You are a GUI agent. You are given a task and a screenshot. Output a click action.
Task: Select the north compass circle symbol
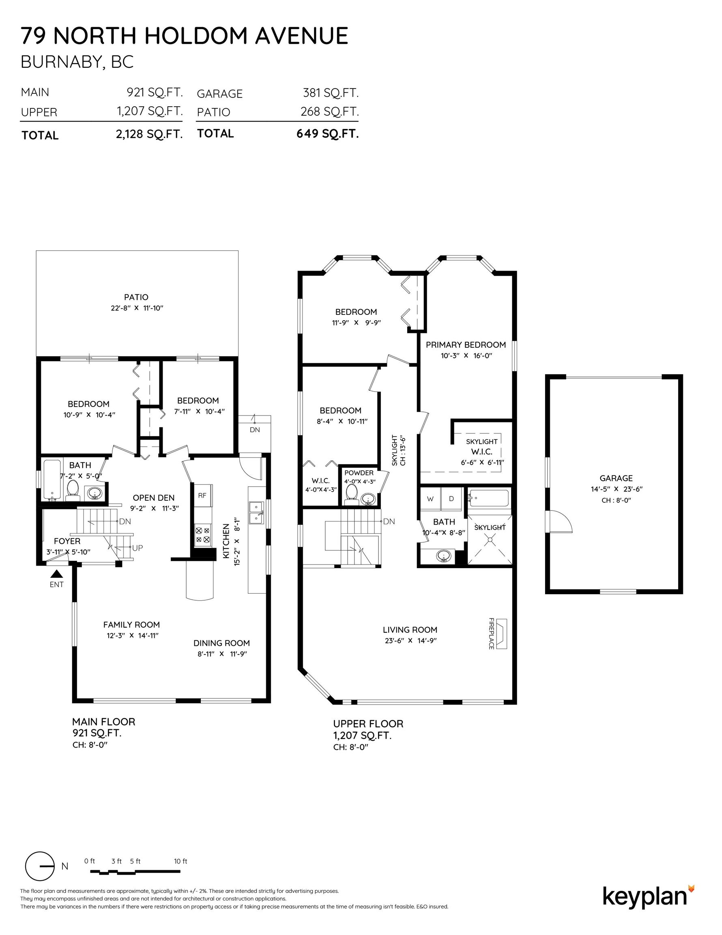40,866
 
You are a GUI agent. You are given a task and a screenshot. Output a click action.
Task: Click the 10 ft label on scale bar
180,861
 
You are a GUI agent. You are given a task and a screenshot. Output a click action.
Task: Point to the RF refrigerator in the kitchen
202,496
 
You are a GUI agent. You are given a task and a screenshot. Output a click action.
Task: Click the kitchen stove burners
202,535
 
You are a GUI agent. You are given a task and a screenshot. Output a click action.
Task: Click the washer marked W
430,499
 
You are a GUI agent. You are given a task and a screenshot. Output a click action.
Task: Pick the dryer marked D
451,499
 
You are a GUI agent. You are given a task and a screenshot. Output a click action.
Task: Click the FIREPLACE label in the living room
491,633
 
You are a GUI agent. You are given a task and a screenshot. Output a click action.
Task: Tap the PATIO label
136,297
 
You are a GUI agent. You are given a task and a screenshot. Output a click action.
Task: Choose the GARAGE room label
616,478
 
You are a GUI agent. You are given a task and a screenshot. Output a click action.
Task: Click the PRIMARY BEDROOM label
466,345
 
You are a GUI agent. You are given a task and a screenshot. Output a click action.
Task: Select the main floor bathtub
52,480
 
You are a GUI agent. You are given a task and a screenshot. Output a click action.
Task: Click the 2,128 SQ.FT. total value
149,134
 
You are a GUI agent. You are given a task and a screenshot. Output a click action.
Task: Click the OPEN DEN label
154,498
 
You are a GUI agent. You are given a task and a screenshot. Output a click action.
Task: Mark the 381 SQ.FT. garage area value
331,93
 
